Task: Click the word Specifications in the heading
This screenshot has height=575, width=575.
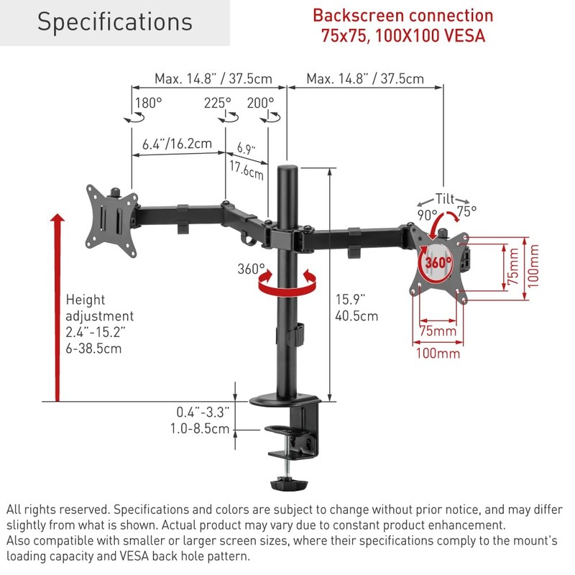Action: [115, 22]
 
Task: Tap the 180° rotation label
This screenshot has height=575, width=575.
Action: [149, 103]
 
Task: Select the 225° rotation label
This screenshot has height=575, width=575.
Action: [218, 103]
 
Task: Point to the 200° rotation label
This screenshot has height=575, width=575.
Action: [260, 103]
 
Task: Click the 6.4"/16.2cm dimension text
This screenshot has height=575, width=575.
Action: [177, 143]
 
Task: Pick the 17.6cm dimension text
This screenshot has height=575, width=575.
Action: [247, 170]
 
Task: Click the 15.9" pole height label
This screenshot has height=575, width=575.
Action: [350, 300]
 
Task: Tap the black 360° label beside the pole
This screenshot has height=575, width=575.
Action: [251, 269]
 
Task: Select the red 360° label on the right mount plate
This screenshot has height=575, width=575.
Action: [438, 262]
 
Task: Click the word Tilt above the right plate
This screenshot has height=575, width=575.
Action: [445, 199]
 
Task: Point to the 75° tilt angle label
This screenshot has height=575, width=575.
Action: [466, 211]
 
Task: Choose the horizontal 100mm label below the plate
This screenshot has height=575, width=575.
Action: [438, 354]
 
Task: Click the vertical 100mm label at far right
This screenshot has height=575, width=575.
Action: [533, 266]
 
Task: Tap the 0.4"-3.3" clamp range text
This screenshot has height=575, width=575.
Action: [203, 412]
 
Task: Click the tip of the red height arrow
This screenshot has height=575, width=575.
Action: [57, 214]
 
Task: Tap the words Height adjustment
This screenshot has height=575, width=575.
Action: [100, 308]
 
